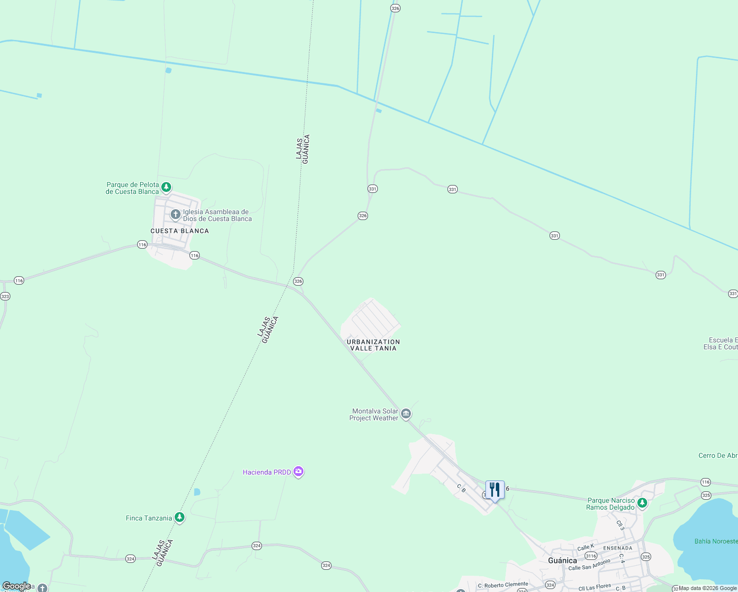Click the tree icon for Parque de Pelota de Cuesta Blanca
(166, 187)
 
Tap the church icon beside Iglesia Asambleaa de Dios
(175, 215)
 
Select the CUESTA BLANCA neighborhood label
(180, 231)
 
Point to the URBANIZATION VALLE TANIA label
(373, 345)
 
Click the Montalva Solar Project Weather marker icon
(406, 413)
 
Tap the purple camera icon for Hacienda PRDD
(298, 472)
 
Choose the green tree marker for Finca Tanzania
(180, 518)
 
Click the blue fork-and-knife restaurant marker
(495, 490)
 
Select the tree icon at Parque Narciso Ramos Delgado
(642, 503)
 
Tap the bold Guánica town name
(562, 560)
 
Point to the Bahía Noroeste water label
(716, 541)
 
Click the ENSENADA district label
(618, 548)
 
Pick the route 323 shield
(5, 296)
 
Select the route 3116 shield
(591, 556)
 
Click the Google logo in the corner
(17, 586)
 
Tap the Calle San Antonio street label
(590, 565)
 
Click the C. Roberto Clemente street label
(503, 585)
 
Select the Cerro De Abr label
(718, 455)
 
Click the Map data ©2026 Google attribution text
(708, 588)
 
